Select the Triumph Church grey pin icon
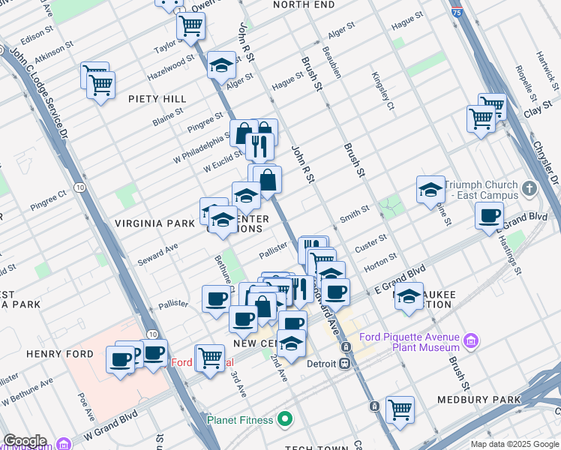coord(529,189)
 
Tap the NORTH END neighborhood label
coord(304,4)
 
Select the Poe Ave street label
coord(87,405)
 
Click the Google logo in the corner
coord(24,441)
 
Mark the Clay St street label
coord(532,111)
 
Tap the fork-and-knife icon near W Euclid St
coord(259,145)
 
